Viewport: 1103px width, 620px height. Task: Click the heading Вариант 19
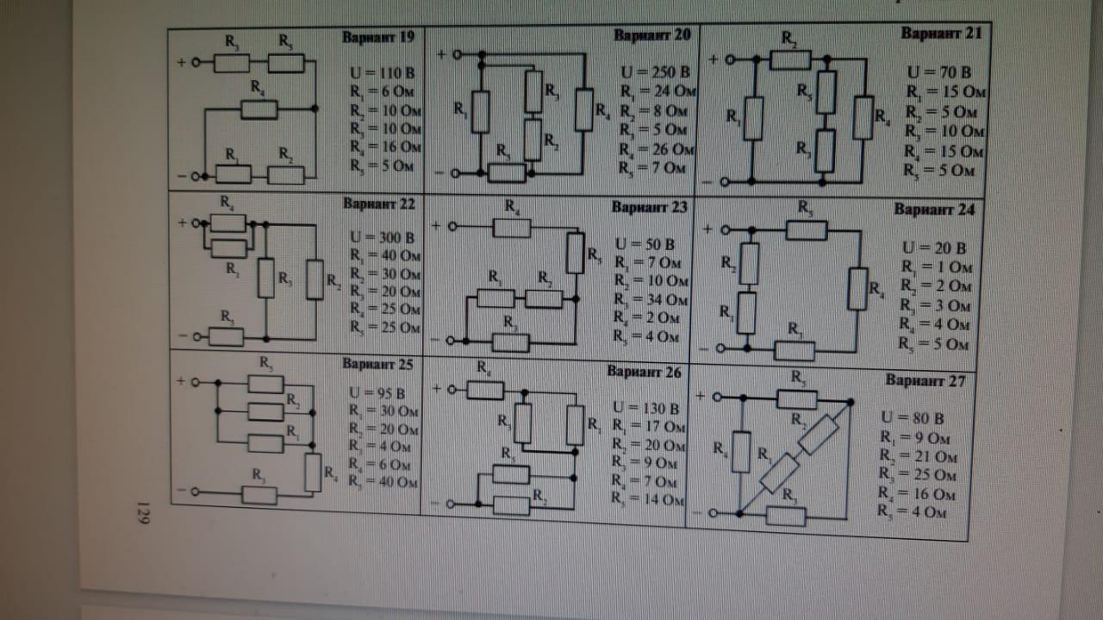377,37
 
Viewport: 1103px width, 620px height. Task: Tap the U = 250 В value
654,72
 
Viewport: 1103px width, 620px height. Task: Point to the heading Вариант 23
649,207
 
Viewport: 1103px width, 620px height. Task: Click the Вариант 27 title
925,380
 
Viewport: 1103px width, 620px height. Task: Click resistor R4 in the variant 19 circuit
259,109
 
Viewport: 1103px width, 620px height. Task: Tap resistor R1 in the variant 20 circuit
480,111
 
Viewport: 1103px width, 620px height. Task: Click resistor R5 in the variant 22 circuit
227,336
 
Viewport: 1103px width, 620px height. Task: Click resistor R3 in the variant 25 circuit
259,494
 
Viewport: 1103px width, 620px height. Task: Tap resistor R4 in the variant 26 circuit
485,390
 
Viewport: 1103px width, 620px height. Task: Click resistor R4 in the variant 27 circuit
740,451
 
